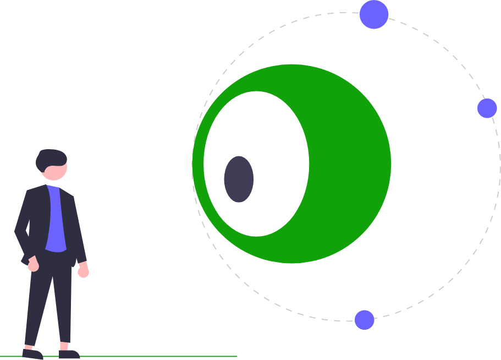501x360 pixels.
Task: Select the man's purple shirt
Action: [55, 220]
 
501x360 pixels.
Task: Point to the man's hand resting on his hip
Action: [33, 265]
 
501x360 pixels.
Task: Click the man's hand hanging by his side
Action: [83, 271]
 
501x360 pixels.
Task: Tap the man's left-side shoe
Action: [32, 353]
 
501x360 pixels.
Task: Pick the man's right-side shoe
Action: [69, 354]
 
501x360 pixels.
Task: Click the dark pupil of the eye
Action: [239, 179]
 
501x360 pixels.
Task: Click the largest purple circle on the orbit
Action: [374, 14]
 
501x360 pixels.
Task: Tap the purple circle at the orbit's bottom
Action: [364, 320]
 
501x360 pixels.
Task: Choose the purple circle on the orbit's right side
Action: [487, 108]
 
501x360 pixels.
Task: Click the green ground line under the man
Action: [165, 356]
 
